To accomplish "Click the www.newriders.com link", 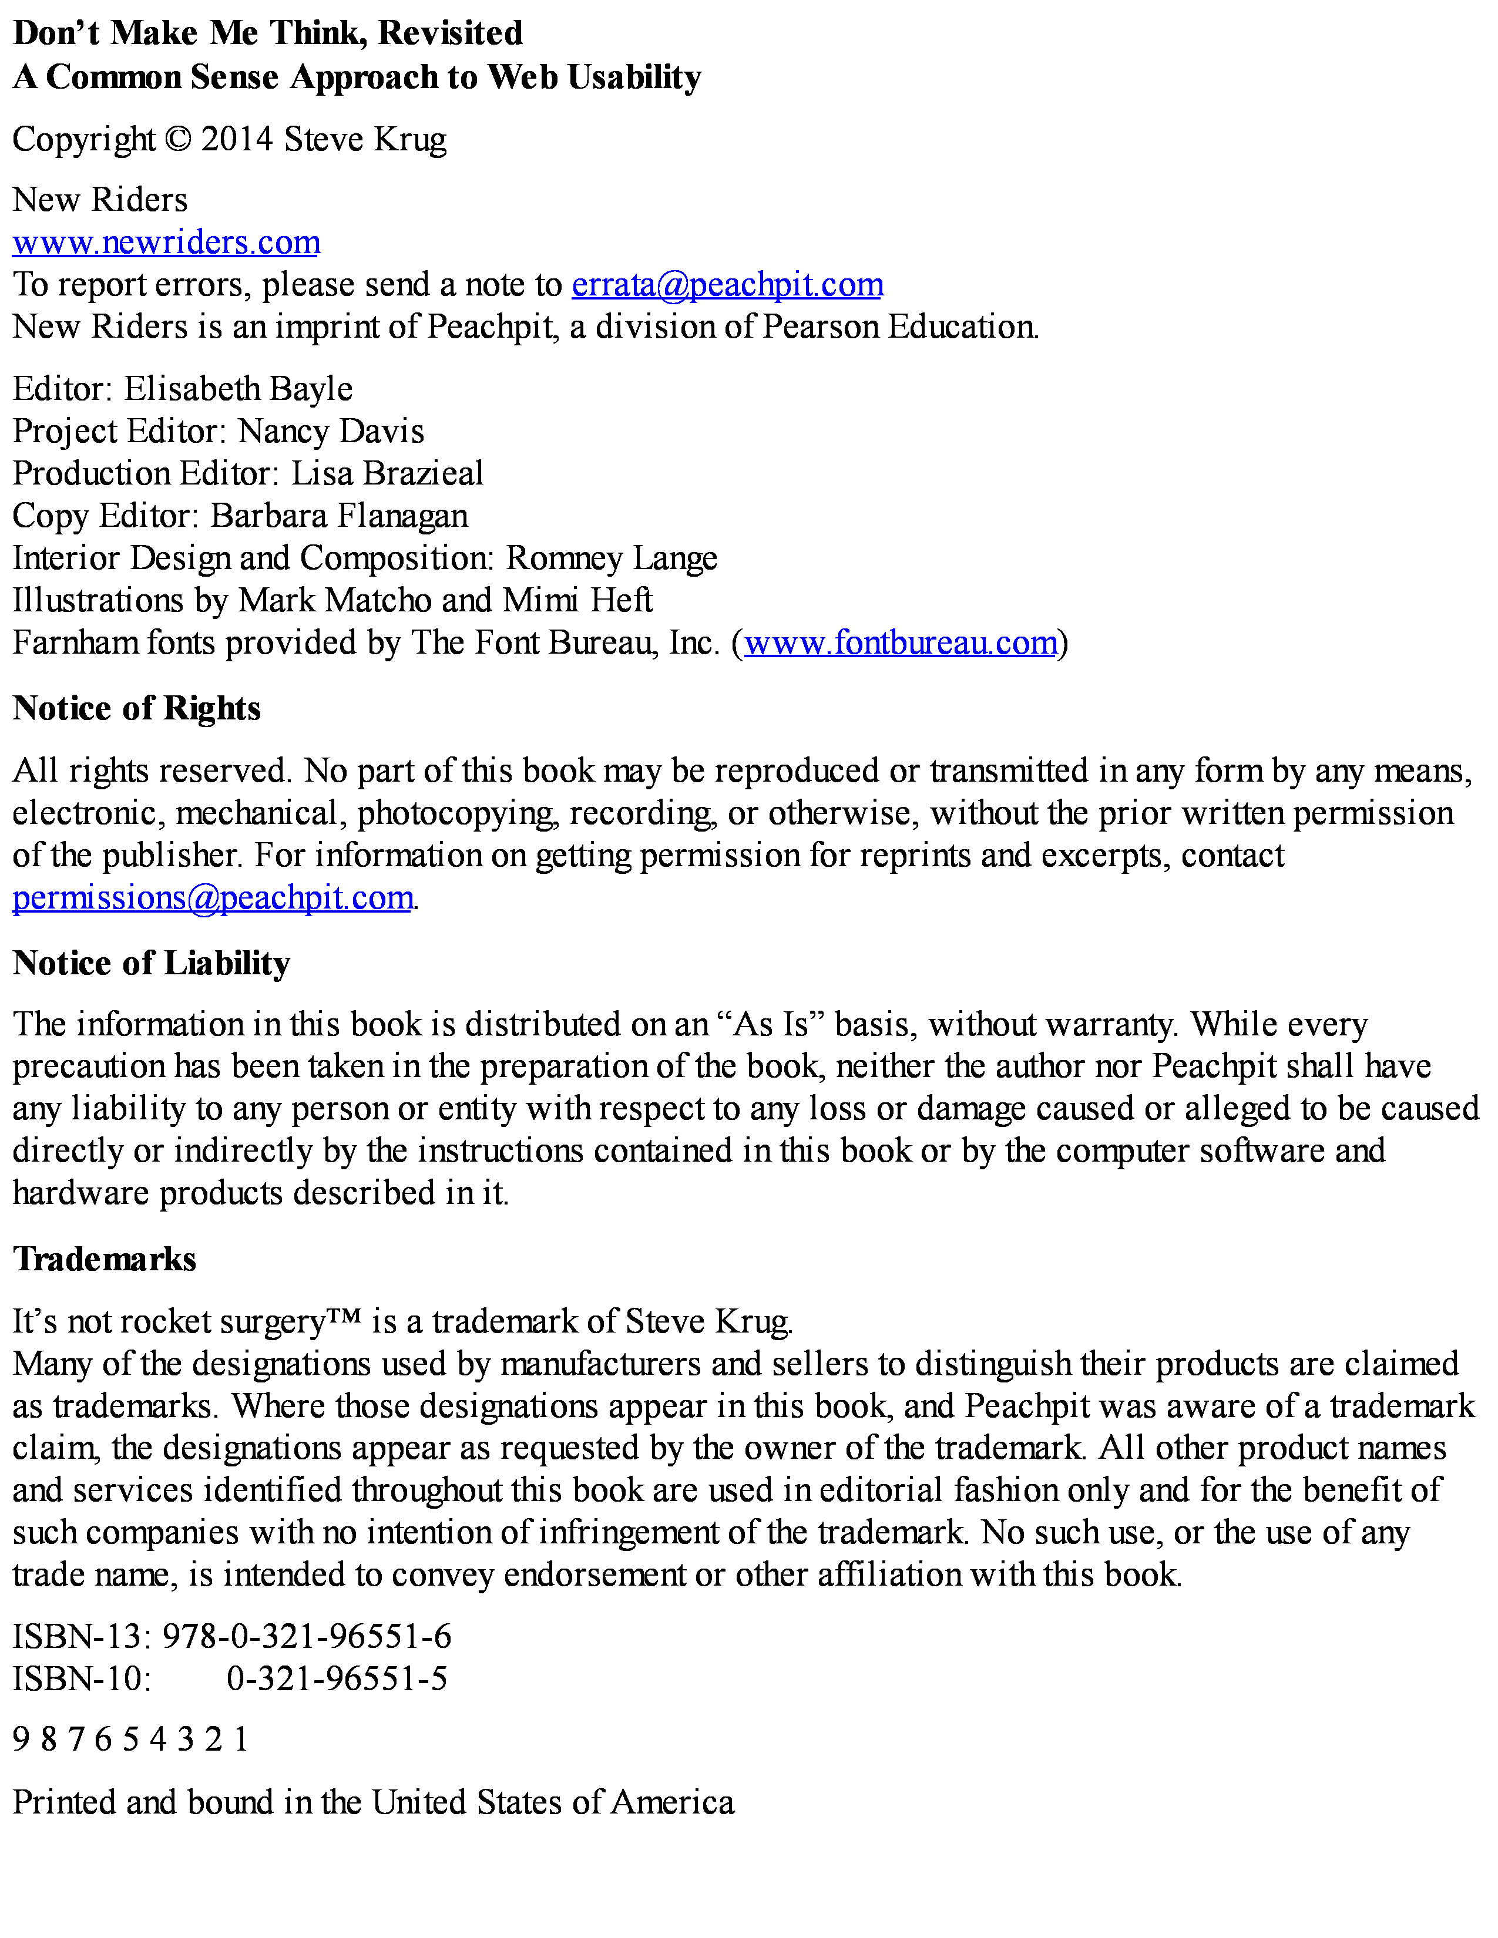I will pos(166,242).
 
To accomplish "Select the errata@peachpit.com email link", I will pos(727,285).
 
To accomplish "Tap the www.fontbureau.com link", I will pos(900,642).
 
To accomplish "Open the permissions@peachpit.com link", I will pos(213,898).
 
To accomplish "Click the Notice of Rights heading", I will pos(137,708).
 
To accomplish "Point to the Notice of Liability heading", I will pos(152,963).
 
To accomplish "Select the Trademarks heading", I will pos(105,1259).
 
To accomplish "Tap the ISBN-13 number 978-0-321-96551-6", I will pos(307,1636).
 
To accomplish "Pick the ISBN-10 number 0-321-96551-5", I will pos(337,1678).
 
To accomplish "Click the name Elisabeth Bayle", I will pos(238,389).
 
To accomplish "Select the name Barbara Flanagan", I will pos(339,516).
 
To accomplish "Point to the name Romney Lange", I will pos(612,558).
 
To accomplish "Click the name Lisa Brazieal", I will pos(387,473).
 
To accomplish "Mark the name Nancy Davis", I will pos(331,431).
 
